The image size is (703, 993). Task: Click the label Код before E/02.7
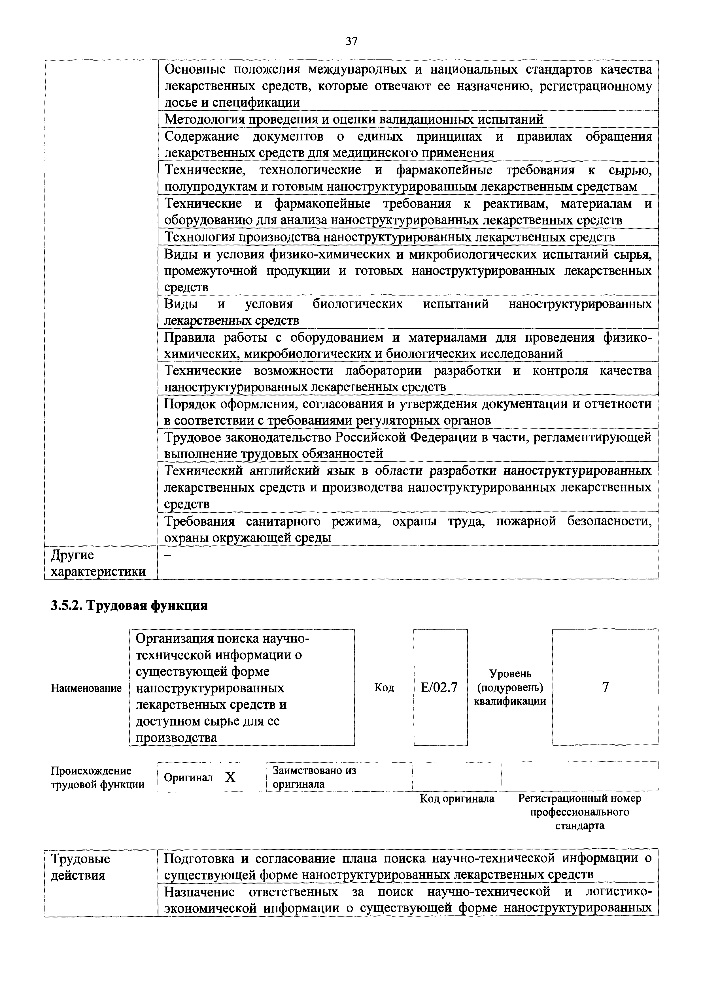tap(384, 688)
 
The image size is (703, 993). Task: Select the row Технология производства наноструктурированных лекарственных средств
tap(390, 237)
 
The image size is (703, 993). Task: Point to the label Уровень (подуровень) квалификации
tap(510, 687)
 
